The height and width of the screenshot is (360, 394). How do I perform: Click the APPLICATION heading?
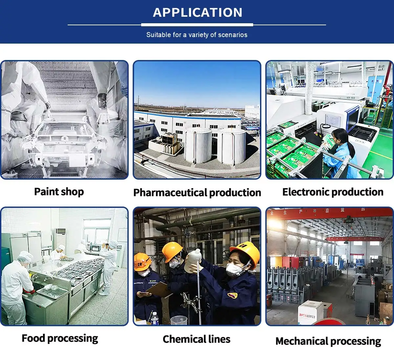[x=197, y=12]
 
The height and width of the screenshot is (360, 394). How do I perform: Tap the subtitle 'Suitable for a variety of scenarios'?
[x=197, y=35]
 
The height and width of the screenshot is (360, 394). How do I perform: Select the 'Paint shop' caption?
[x=59, y=191]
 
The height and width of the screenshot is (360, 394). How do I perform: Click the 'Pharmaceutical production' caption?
[x=197, y=192]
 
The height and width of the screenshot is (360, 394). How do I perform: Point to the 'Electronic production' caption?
[x=333, y=192]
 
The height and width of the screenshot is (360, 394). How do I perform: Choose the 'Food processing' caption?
[x=60, y=338]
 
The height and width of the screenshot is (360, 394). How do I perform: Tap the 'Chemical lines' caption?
[x=196, y=339]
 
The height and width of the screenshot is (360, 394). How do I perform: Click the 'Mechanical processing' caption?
[x=328, y=341]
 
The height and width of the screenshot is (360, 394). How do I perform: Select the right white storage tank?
[x=231, y=147]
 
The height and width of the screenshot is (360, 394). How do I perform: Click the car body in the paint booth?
[x=62, y=144]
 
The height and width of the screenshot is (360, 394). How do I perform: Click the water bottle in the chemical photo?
[x=154, y=318]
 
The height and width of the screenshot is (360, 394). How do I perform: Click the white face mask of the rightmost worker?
[x=234, y=270]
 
